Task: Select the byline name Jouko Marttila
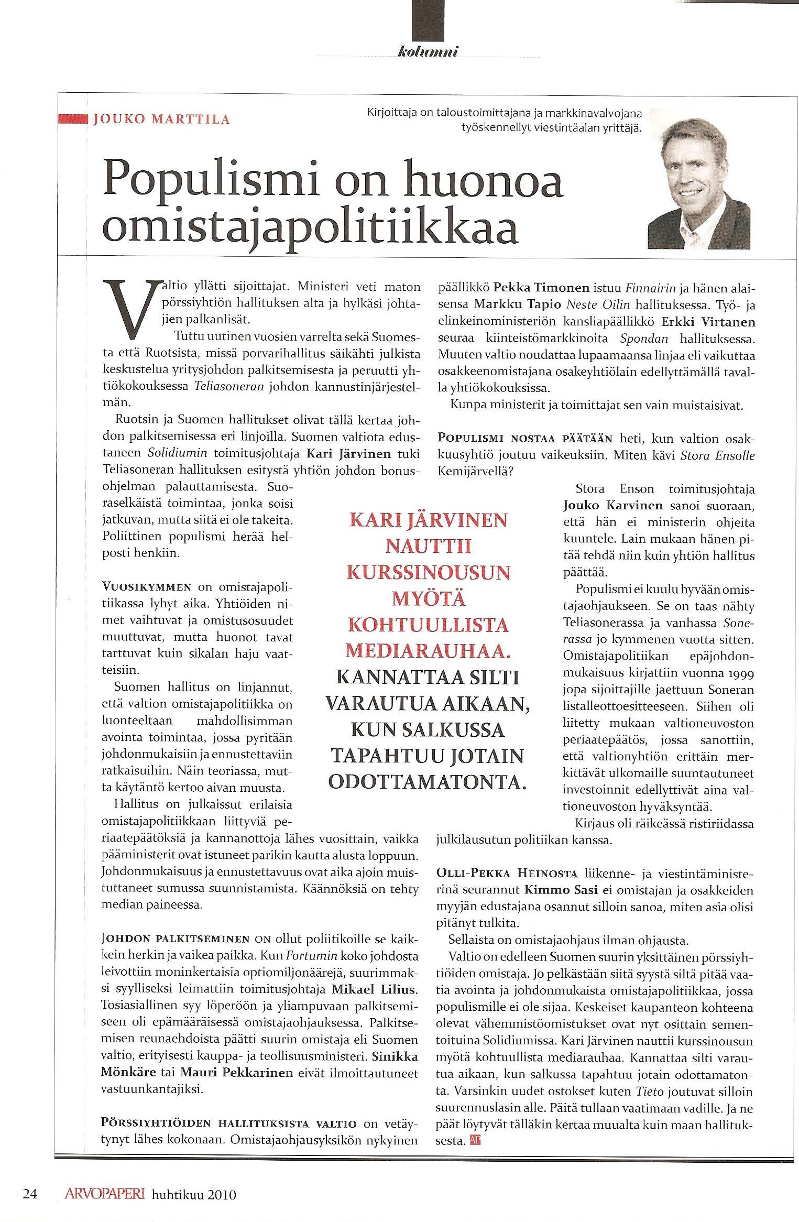coord(161,119)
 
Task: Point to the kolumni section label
coord(429,51)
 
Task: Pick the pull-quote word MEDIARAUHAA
coord(428,650)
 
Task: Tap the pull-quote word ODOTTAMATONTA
coord(427,781)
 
